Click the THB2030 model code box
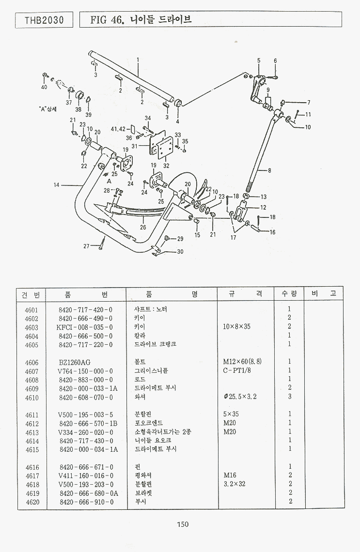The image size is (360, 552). pos(44,20)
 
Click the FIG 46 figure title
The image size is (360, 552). pos(141,20)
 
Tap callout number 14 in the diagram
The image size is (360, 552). pos(56,185)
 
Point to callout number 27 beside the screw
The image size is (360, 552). pos(86,246)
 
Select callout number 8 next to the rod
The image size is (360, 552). pos(269,170)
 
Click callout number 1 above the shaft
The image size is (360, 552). pos(138,60)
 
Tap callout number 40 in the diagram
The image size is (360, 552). pos(44,88)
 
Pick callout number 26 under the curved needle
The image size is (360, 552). pos(143,226)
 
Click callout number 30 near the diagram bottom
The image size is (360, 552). pos(180,251)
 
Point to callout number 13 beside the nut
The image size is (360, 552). pos(264,197)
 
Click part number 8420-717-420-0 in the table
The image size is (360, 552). pos(85,309)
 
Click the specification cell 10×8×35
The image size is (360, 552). pos(236,327)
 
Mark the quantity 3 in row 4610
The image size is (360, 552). pos(289,398)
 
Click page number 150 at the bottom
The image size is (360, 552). pos(183,524)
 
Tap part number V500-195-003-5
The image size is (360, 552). pos(85,415)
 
